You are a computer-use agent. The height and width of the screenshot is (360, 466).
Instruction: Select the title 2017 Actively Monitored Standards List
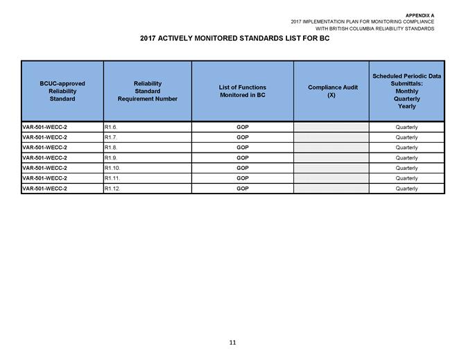tap(233, 37)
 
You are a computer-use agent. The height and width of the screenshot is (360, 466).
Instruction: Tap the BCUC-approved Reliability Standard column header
tap(62, 91)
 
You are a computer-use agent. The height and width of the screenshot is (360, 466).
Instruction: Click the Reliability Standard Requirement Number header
tap(148, 91)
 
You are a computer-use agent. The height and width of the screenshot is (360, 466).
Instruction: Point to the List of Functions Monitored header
tap(242, 91)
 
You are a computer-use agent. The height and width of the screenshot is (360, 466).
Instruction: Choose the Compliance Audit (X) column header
tap(331, 91)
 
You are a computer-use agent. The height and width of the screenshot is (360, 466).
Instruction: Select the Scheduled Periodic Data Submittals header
tap(406, 91)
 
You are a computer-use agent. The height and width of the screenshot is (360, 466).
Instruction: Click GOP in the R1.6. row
tap(242, 127)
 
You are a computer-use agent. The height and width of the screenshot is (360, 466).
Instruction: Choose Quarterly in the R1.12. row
tap(406, 189)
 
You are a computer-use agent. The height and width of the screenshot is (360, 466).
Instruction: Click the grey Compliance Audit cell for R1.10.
tap(331, 168)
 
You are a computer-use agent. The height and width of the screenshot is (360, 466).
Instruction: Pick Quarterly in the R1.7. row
tap(406, 137)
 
